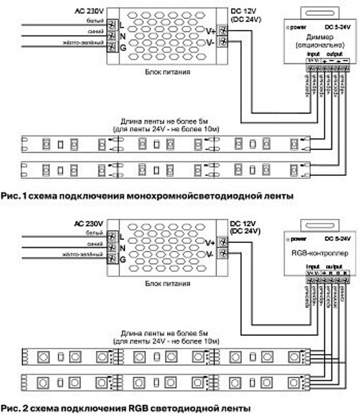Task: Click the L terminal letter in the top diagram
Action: pyautogui.click(x=122, y=26)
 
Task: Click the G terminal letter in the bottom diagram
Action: pyautogui.click(x=122, y=259)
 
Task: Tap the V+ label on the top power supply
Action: pyautogui.click(x=211, y=31)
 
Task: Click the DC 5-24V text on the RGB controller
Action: pyautogui.click(x=337, y=238)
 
